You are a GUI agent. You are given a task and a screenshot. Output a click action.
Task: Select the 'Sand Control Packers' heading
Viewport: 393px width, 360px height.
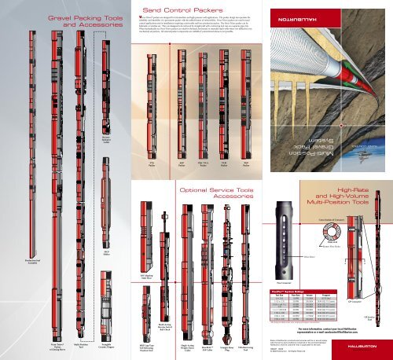tap(196, 9)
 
